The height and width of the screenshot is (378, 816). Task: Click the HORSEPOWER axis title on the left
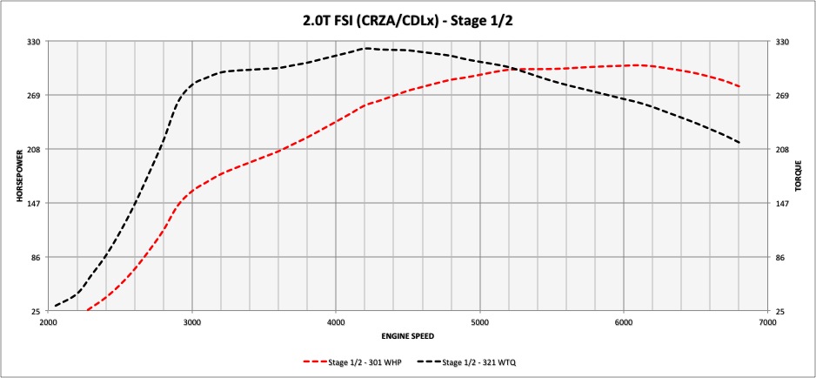18,176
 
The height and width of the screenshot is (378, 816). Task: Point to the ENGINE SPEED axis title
407,335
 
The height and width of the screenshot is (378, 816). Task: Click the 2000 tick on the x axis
48,322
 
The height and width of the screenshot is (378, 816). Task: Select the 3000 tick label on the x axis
191,322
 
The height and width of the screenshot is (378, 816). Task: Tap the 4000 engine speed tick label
336,322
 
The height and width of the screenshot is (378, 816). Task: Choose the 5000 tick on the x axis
479,322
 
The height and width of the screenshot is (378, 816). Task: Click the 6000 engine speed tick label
624,322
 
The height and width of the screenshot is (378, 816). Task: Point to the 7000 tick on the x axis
767,322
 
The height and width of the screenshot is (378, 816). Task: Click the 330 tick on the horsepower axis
36,41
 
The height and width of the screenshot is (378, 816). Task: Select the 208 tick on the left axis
36,149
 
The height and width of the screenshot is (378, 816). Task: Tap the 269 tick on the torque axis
781,95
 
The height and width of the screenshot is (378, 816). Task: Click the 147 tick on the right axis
781,203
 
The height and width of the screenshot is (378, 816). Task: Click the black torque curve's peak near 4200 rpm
366,48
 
